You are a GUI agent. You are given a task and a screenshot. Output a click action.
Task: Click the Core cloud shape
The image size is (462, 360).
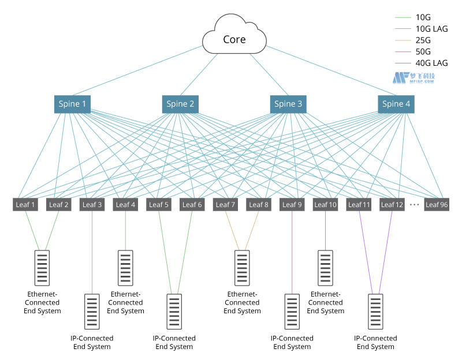(x=234, y=39)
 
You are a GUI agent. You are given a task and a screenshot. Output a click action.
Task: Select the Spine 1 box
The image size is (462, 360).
(x=73, y=104)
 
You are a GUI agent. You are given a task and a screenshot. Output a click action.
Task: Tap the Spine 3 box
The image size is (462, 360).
(x=288, y=104)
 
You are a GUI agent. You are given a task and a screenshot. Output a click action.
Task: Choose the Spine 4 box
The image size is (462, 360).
(x=396, y=104)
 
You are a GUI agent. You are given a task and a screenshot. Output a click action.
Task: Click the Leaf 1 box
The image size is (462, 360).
(x=25, y=204)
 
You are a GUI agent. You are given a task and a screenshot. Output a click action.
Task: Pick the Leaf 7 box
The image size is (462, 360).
(x=225, y=204)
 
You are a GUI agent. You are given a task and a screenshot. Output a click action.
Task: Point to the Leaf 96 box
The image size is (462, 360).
(x=437, y=204)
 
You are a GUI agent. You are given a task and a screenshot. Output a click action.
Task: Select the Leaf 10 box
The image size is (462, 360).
(x=325, y=204)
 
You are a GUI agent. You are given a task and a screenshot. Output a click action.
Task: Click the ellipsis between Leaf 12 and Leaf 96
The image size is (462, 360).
(x=414, y=204)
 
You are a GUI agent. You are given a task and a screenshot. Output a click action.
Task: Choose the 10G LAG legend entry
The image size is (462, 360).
(x=431, y=29)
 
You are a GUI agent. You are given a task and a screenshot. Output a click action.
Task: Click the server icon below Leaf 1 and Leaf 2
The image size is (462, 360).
(x=42, y=267)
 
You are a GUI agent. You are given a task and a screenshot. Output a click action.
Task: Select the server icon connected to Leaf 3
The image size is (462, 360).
(x=92, y=311)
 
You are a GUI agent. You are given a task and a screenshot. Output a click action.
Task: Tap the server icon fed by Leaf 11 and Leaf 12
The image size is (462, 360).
(x=376, y=311)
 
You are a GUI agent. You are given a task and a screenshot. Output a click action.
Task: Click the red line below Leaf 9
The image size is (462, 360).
(x=292, y=254)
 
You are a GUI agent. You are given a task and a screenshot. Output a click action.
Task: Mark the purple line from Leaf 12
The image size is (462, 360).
(x=386, y=248)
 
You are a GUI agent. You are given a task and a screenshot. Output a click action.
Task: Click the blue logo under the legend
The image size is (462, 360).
(x=413, y=78)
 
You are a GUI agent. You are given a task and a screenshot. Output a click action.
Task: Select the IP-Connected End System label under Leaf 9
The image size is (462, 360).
(x=292, y=342)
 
